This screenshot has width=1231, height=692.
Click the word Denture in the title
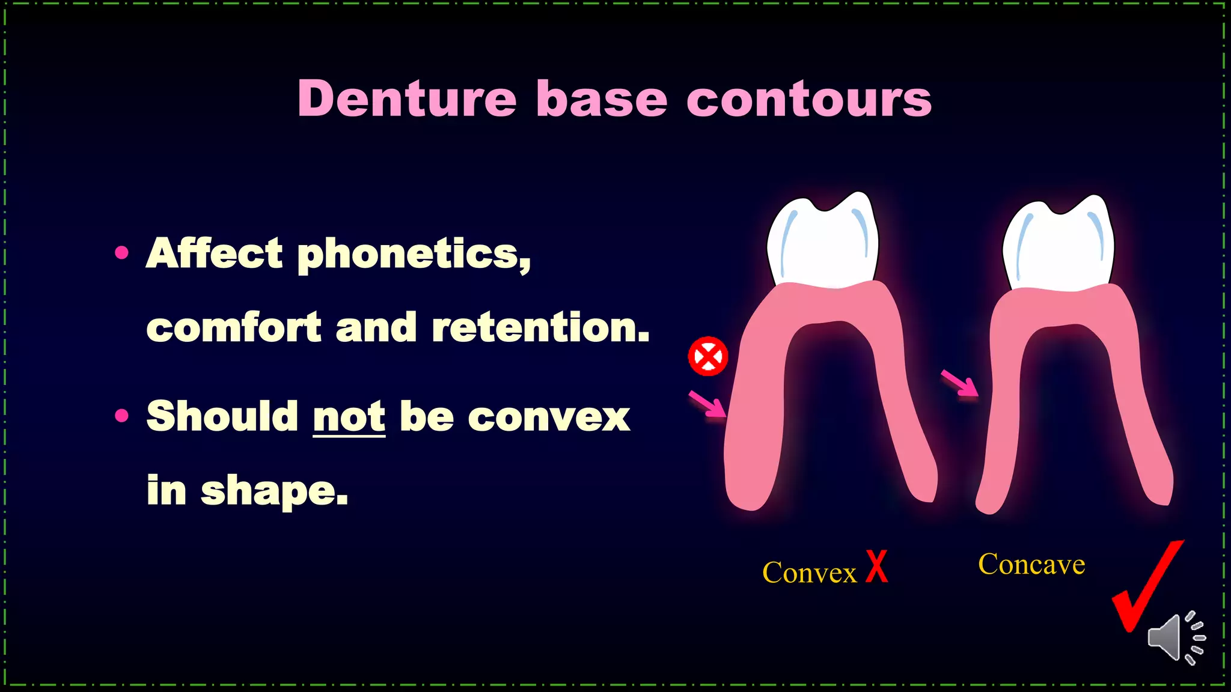(x=407, y=99)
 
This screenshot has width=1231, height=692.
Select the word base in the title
(x=601, y=99)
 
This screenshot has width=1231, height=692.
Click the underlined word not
(x=349, y=416)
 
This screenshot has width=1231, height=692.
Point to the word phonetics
(x=414, y=255)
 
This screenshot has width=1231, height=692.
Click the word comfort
(x=234, y=328)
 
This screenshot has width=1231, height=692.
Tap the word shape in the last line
(x=273, y=491)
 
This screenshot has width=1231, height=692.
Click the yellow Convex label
(x=809, y=572)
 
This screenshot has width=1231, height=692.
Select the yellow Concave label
(x=1031, y=564)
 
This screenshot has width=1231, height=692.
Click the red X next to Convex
(x=877, y=566)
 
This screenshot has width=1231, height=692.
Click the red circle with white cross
(x=708, y=356)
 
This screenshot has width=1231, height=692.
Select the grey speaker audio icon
(x=1175, y=638)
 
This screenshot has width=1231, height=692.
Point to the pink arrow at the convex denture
(x=707, y=404)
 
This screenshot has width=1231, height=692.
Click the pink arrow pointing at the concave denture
(x=960, y=383)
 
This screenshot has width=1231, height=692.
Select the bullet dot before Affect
(x=122, y=252)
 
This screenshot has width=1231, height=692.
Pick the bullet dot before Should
(x=122, y=416)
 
